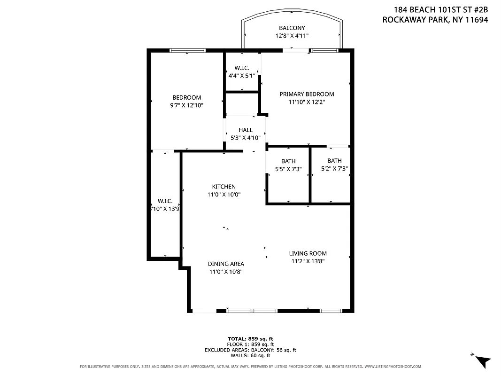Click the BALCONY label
[x=292, y=28]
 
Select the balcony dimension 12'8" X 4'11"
[x=292, y=36]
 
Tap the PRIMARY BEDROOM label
[x=307, y=94]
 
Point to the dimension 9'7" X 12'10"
[x=186, y=106]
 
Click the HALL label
[x=245, y=130]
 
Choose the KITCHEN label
[x=224, y=187]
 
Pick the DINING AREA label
[x=226, y=264]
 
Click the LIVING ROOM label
[x=308, y=253]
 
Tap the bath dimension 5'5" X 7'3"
[x=288, y=169]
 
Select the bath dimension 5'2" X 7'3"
[x=334, y=168]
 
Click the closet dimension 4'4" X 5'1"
[x=241, y=75]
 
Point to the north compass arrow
[x=483, y=361]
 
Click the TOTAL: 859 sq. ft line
[x=250, y=338]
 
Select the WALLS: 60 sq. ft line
[x=250, y=355]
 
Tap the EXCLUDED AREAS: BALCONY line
[x=250, y=350]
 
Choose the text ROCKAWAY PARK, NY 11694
[x=435, y=20]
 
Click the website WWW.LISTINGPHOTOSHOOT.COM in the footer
[x=393, y=367]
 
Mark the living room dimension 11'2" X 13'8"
[x=308, y=261]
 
